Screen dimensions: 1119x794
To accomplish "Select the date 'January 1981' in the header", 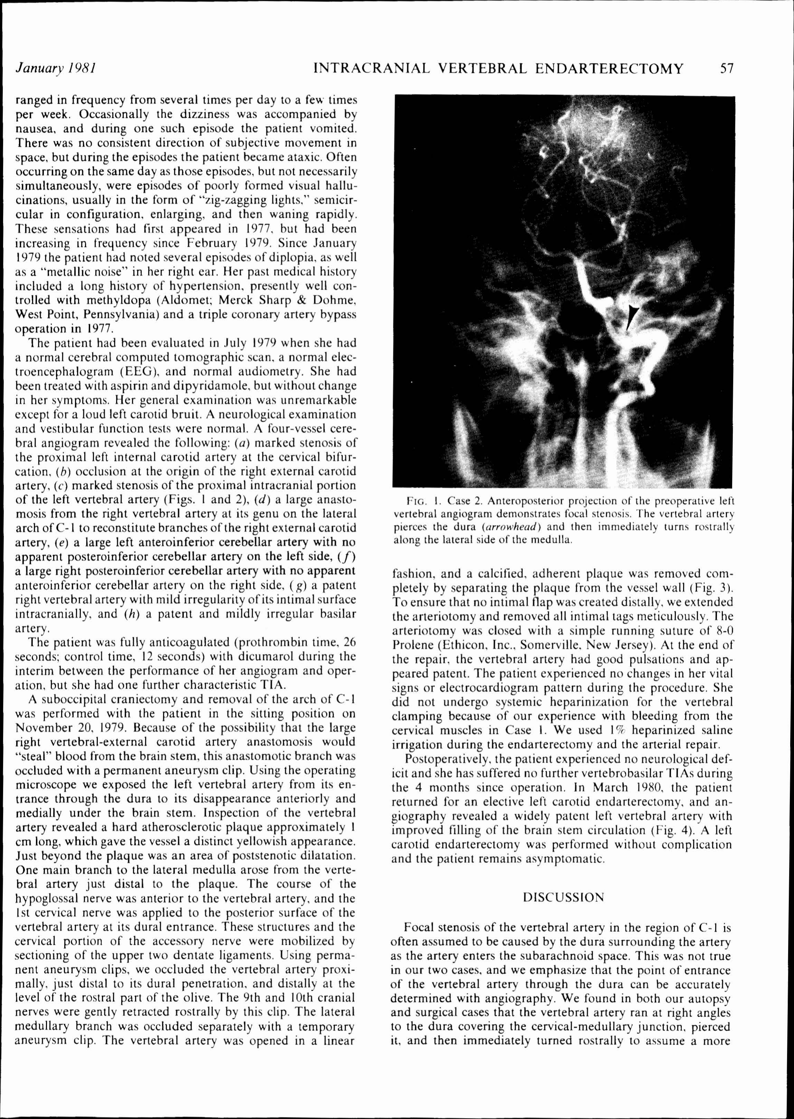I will point(55,68).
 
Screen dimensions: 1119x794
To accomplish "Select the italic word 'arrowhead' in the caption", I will point(518,527).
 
